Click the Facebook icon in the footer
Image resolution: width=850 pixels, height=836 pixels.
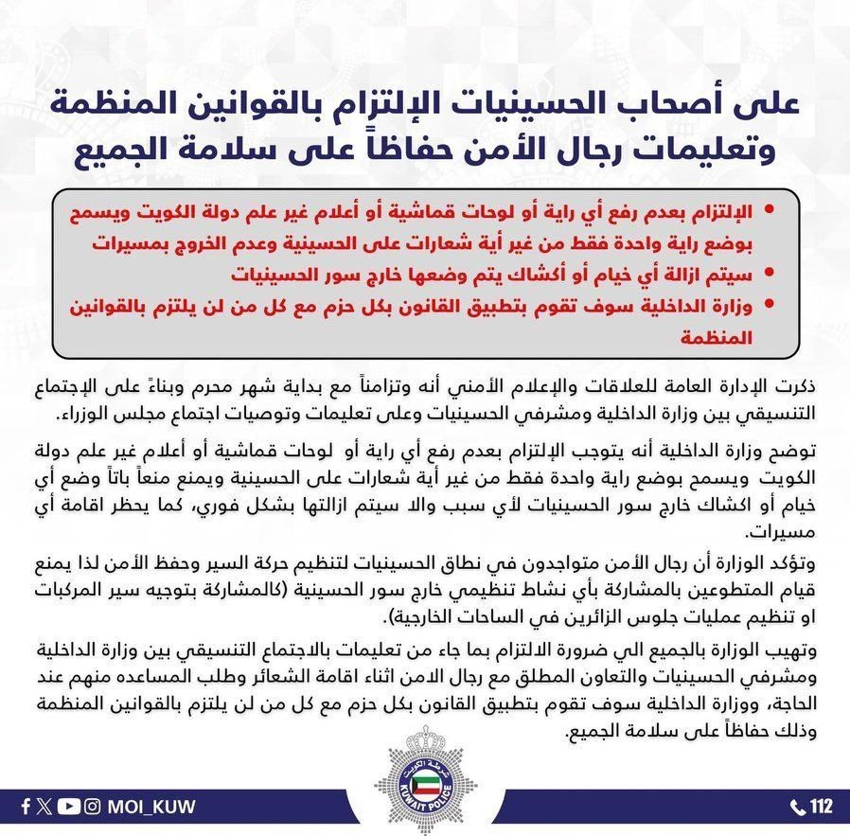click(x=24, y=808)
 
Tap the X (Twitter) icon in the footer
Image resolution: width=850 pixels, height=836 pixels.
click(x=44, y=808)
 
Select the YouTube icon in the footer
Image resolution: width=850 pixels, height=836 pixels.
click(x=68, y=808)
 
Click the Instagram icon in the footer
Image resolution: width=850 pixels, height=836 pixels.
click(x=93, y=808)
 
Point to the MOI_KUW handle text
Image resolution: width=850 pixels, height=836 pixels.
click(x=152, y=808)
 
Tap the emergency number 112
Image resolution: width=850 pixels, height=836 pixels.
click(x=821, y=808)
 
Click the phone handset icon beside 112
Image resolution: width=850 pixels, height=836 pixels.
click(x=798, y=808)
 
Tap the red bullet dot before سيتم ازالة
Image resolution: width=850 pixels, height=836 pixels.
click(x=769, y=274)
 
